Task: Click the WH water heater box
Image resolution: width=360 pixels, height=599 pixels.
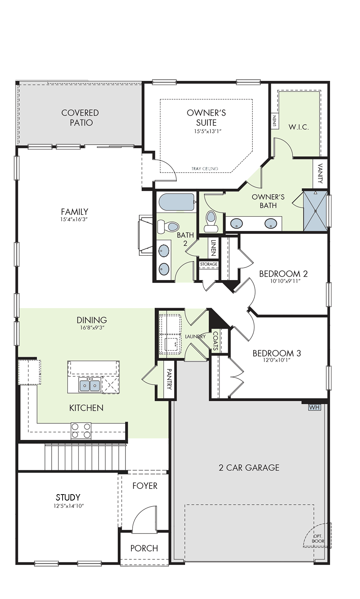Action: [x=314, y=407]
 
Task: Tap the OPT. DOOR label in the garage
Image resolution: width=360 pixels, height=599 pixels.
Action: [x=318, y=539]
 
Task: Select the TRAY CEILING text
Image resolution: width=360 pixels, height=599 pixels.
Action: [x=205, y=168]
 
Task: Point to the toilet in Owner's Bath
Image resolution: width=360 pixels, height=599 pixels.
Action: [x=211, y=221]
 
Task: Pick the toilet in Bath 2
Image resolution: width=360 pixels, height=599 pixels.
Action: [x=168, y=226]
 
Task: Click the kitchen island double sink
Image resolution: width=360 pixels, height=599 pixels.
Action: [x=90, y=385]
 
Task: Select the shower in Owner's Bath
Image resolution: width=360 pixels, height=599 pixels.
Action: [x=315, y=211]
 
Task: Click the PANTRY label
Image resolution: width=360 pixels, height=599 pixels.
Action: [x=169, y=379]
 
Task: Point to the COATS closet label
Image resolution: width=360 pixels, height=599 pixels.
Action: [x=216, y=341]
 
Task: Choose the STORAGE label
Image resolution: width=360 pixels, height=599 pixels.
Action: [x=209, y=264]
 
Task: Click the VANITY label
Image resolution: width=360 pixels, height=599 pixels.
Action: [x=320, y=173]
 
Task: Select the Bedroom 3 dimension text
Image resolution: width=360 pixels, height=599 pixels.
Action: [x=277, y=360]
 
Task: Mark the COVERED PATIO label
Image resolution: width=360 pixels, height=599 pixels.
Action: [x=80, y=118]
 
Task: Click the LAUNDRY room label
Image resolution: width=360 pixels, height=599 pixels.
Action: [x=196, y=337]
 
